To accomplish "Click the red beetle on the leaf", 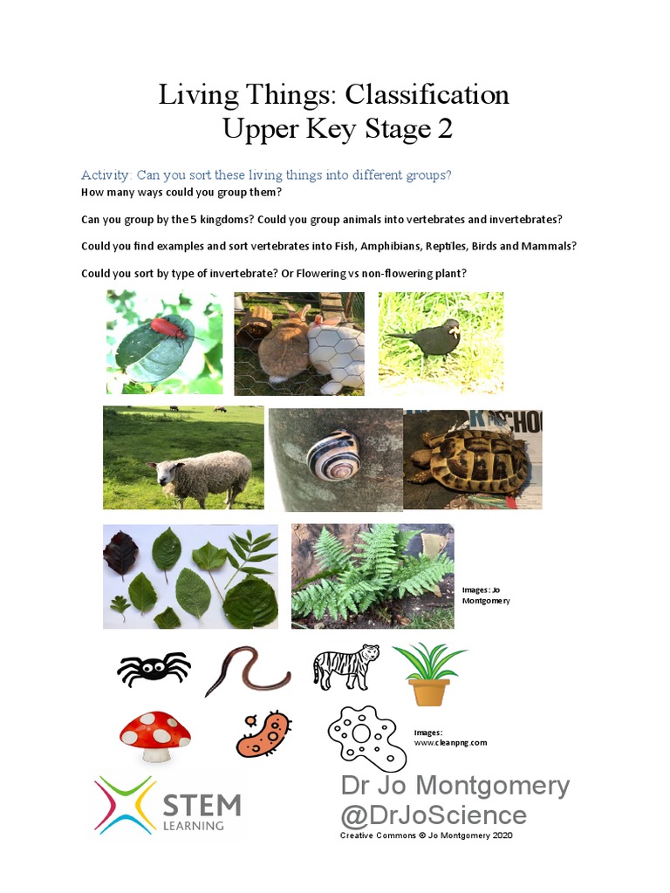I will [x=166, y=328].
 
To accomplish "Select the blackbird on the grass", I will [x=428, y=336].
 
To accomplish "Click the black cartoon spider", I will [x=153, y=669].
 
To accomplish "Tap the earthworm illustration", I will [x=247, y=670].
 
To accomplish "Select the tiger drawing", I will [x=345, y=666].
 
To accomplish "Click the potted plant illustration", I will [x=429, y=673].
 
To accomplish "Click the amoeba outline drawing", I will [x=366, y=736].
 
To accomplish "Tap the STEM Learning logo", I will [x=167, y=804].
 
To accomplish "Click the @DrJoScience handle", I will [x=434, y=815].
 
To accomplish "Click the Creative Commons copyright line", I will [x=426, y=835].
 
